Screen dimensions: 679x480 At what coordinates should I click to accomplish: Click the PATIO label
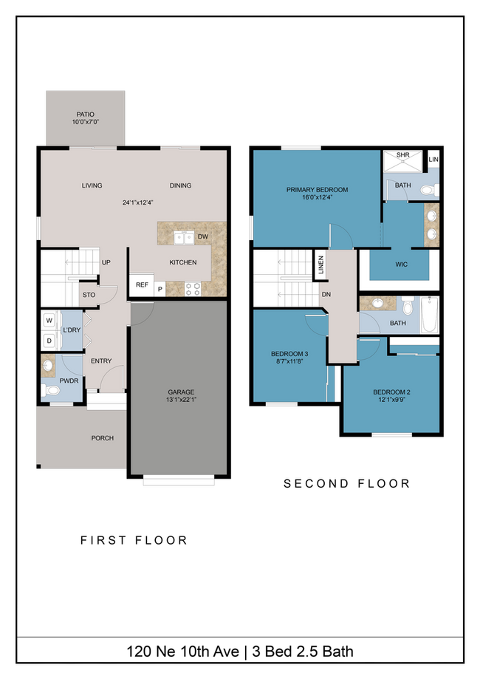85,115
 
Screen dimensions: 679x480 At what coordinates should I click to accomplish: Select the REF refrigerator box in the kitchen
141,284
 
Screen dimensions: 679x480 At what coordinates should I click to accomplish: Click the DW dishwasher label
202,237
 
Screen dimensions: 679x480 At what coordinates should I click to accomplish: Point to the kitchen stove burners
193,288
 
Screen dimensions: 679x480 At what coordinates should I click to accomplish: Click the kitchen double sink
183,237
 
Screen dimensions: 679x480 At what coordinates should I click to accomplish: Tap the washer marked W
50,321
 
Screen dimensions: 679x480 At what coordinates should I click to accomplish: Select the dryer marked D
50,341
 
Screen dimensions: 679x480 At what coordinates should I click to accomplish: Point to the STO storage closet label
89,296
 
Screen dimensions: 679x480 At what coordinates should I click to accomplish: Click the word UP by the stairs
106,262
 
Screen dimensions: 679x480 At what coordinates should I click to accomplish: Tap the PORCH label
102,438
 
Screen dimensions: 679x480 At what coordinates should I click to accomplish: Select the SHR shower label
402,155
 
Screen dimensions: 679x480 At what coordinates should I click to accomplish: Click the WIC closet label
401,265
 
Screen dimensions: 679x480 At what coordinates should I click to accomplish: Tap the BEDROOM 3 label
290,355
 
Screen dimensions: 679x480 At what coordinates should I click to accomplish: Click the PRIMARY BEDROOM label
317,190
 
